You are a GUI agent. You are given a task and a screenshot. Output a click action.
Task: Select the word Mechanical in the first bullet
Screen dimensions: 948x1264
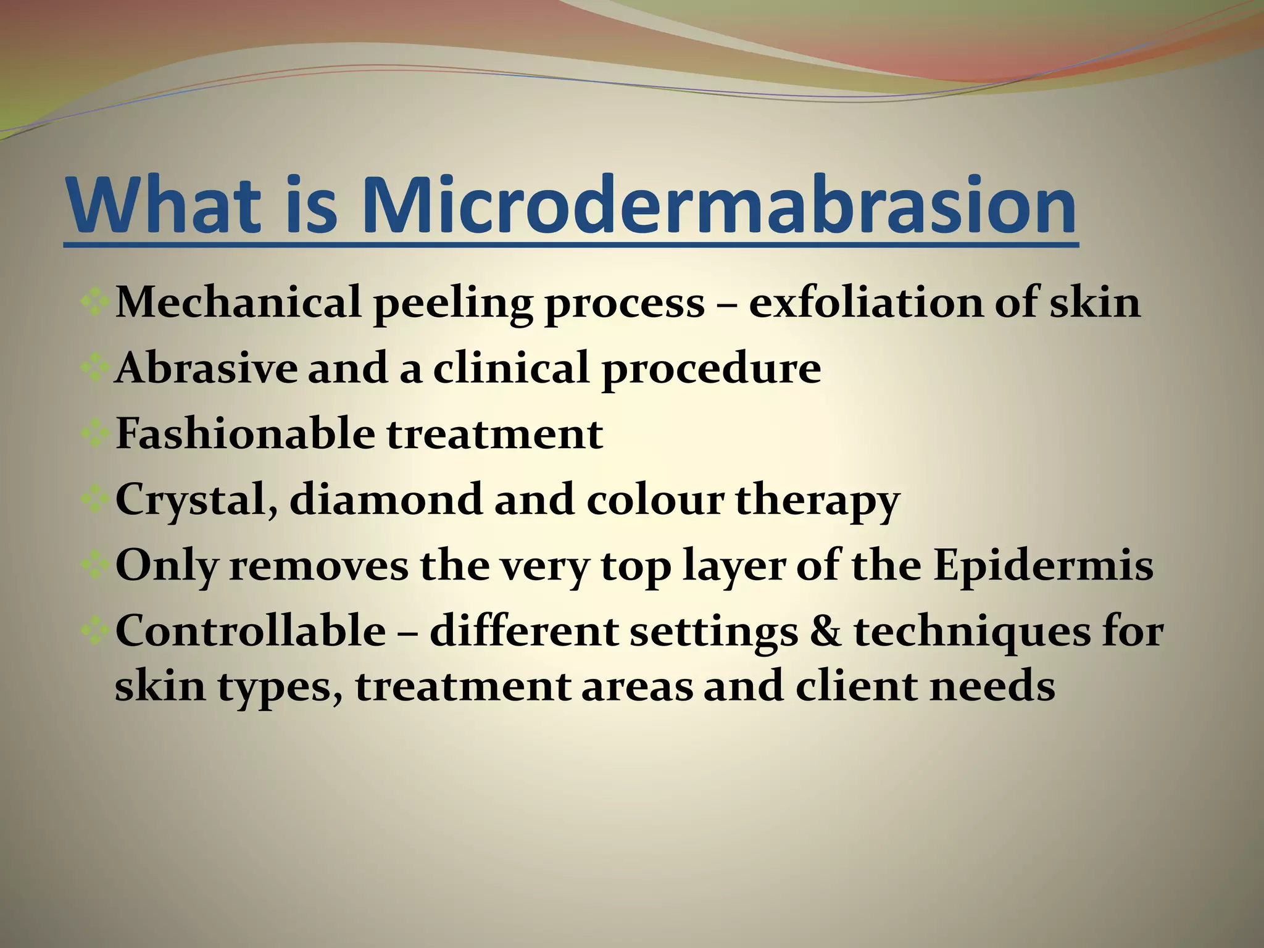(238, 302)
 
